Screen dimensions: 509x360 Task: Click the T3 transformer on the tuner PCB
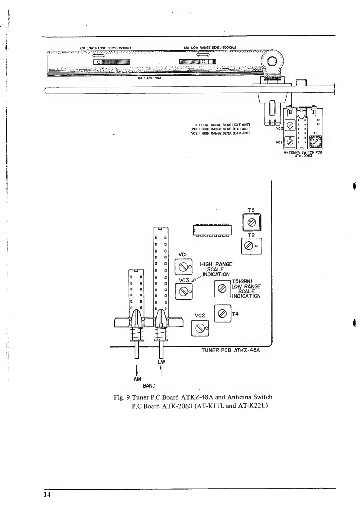(251, 223)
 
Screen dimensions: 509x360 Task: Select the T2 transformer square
(251, 246)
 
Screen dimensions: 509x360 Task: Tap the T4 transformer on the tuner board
(222, 313)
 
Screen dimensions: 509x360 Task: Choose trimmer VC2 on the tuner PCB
(200, 328)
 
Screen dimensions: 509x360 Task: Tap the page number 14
(47, 495)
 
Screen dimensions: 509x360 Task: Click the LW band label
(161, 362)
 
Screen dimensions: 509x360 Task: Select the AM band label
(137, 379)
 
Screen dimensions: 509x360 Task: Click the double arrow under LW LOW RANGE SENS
(99, 55)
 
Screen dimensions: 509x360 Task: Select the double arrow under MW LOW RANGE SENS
(203, 55)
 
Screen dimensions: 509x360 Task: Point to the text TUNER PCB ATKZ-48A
(231, 350)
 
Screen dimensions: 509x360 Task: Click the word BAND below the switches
(149, 386)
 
